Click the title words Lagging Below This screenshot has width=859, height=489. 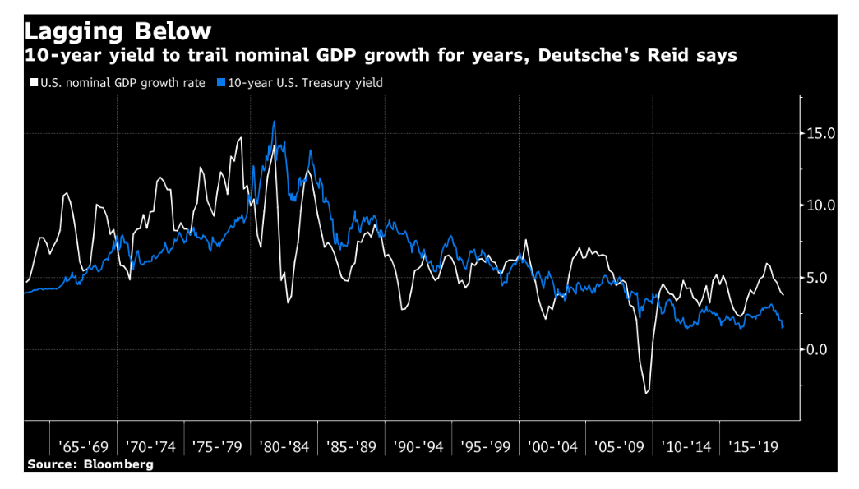tap(118, 31)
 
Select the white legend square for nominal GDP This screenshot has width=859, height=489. tap(33, 83)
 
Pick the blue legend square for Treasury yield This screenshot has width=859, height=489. tap(221, 83)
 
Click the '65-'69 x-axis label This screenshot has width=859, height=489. tap(83, 447)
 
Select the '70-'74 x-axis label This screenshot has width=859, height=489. tap(150, 447)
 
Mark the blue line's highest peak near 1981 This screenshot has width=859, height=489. tap(274, 122)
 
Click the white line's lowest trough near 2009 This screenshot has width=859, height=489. tap(646, 394)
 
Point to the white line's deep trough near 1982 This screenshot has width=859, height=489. tap(289, 303)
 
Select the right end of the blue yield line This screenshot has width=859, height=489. tap(783, 328)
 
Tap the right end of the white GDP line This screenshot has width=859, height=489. tap(783, 295)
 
